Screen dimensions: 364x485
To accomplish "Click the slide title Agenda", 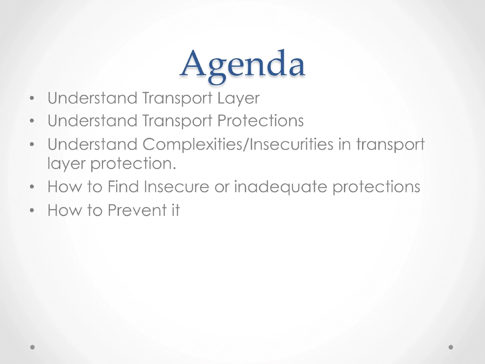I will (x=242, y=65).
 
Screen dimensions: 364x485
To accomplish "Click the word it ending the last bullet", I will (x=174, y=210).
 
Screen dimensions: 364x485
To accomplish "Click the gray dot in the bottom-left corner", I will (x=33, y=347).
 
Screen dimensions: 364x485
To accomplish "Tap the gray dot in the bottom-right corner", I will (x=451, y=347).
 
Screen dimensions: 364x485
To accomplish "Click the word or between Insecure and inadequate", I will (x=222, y=187).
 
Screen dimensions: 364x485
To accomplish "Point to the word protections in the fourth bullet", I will (x=376, y=187).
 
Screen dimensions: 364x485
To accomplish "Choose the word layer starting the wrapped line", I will (x=66, y=163).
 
